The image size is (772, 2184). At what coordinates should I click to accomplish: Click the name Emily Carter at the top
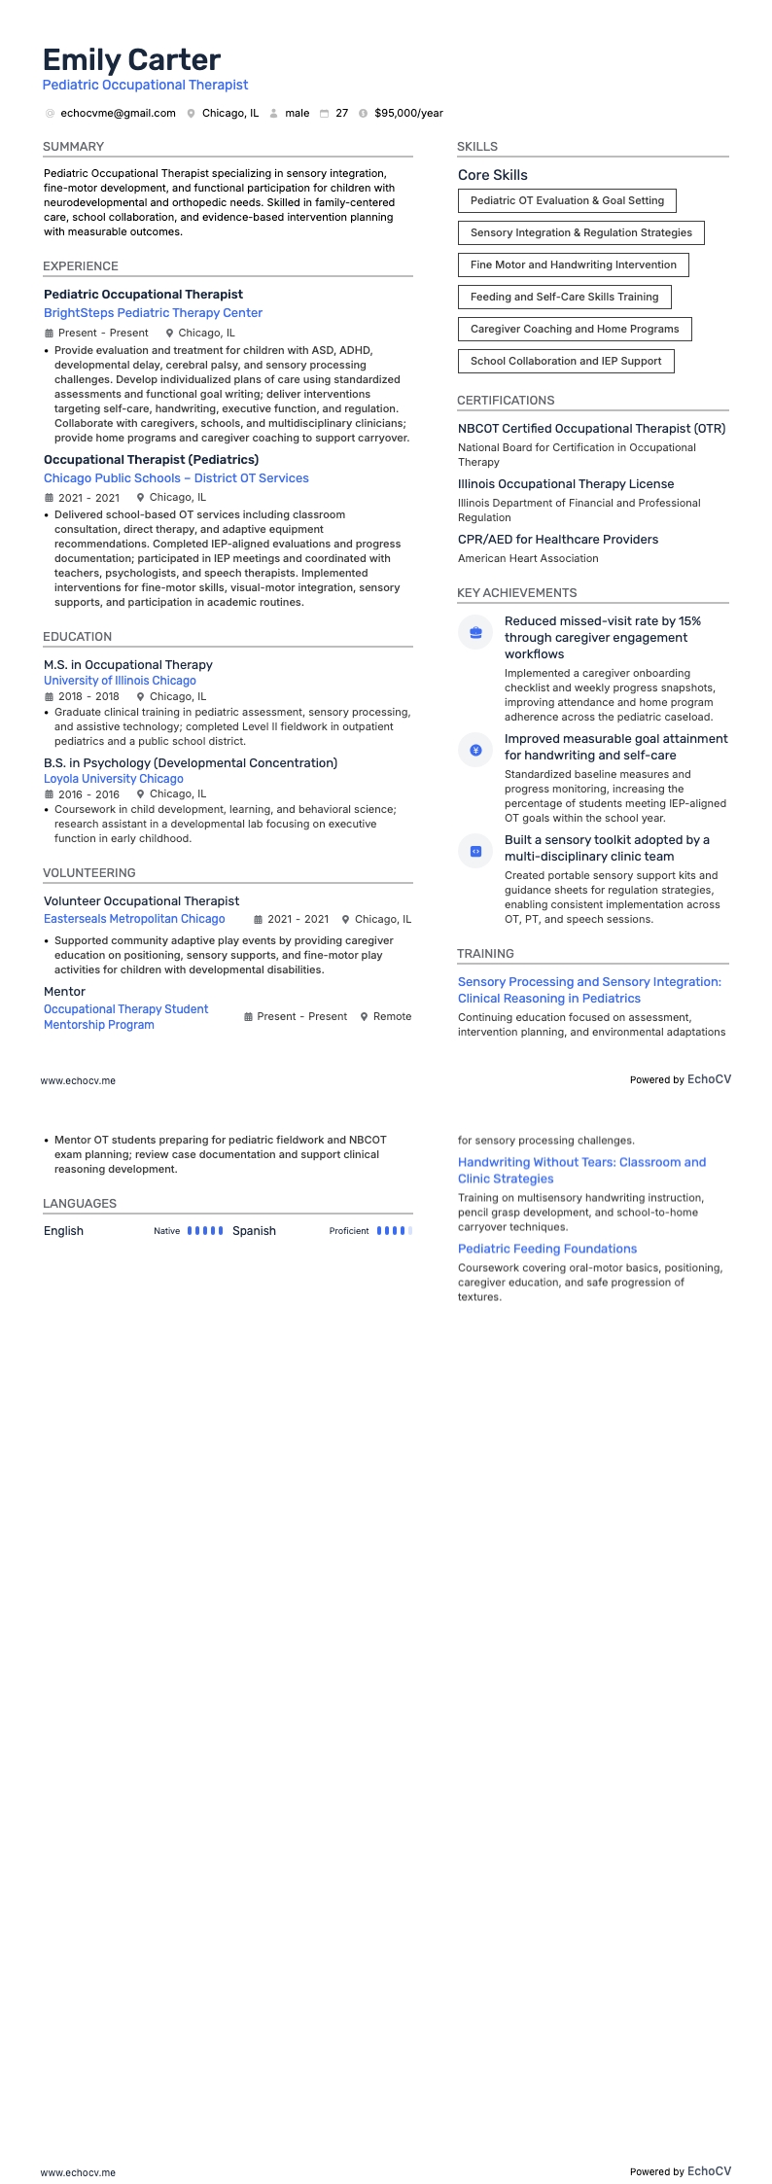(131, 60)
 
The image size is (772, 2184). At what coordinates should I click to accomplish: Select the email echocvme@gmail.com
(118, 114)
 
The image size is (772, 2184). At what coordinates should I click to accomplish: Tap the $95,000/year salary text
(408, 114)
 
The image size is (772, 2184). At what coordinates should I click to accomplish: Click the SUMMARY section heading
(73, 147)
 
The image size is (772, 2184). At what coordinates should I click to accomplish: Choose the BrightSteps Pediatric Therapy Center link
(153, 313)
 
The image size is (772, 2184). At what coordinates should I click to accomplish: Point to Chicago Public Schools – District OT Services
(176, 478)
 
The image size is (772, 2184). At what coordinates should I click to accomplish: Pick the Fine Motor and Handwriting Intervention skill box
(573, 264)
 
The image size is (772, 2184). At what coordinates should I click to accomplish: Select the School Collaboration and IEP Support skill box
(565, 361)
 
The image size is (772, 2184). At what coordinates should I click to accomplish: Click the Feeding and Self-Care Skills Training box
(564, 297)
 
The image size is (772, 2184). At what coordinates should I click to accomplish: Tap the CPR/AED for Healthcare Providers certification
(558, 540)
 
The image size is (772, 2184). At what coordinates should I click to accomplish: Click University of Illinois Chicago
(120, 681)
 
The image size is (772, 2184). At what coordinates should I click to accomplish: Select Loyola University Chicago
(113, 779)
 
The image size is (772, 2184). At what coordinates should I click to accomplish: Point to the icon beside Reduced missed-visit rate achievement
(475, 632)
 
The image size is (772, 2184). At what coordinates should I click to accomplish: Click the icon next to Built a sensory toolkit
(475, 851)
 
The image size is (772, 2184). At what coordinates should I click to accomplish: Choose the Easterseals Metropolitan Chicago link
(134, 919)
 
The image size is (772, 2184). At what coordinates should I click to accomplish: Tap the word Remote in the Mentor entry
(392, 1016)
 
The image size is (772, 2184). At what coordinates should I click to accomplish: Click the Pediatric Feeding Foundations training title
(547, 1249)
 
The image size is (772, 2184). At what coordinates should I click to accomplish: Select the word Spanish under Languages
(254, 1231)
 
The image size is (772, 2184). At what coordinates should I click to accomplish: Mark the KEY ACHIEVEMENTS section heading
(516, 593)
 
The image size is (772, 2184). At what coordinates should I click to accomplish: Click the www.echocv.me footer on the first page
(78, 1080)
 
